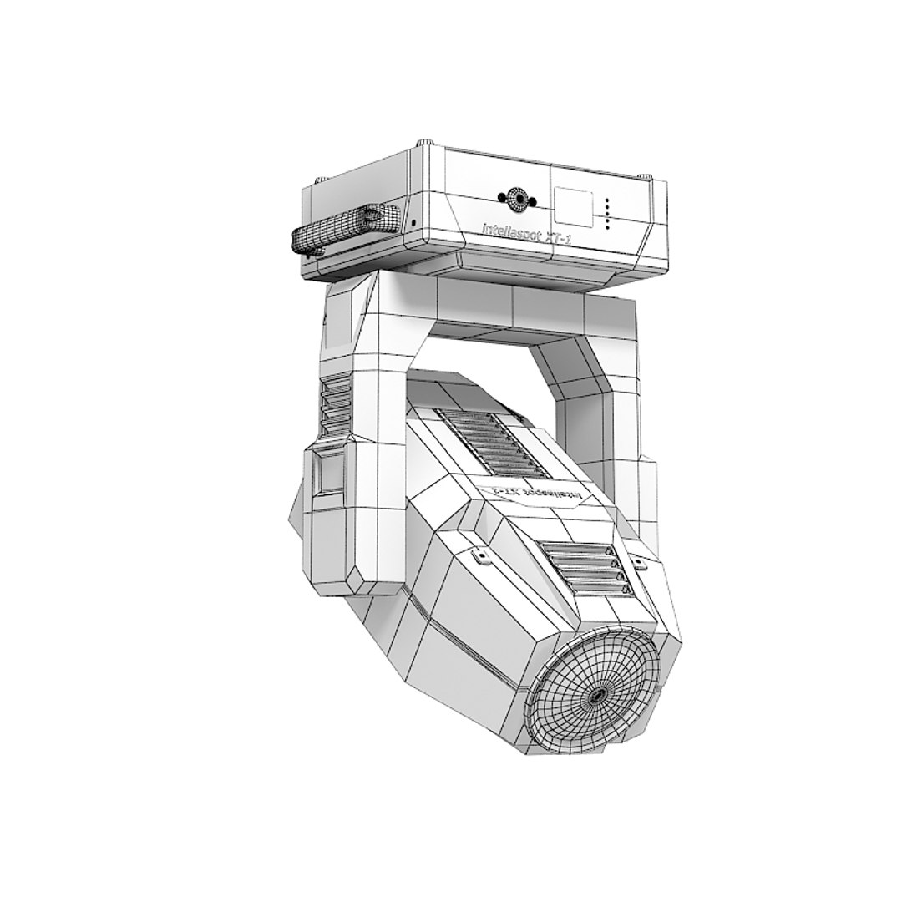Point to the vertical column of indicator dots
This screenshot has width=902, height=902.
click(608, 213)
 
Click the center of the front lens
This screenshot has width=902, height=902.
click(596, 695)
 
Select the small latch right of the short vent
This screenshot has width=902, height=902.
click(639, 564)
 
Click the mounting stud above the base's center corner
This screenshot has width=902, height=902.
click(427, 143)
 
